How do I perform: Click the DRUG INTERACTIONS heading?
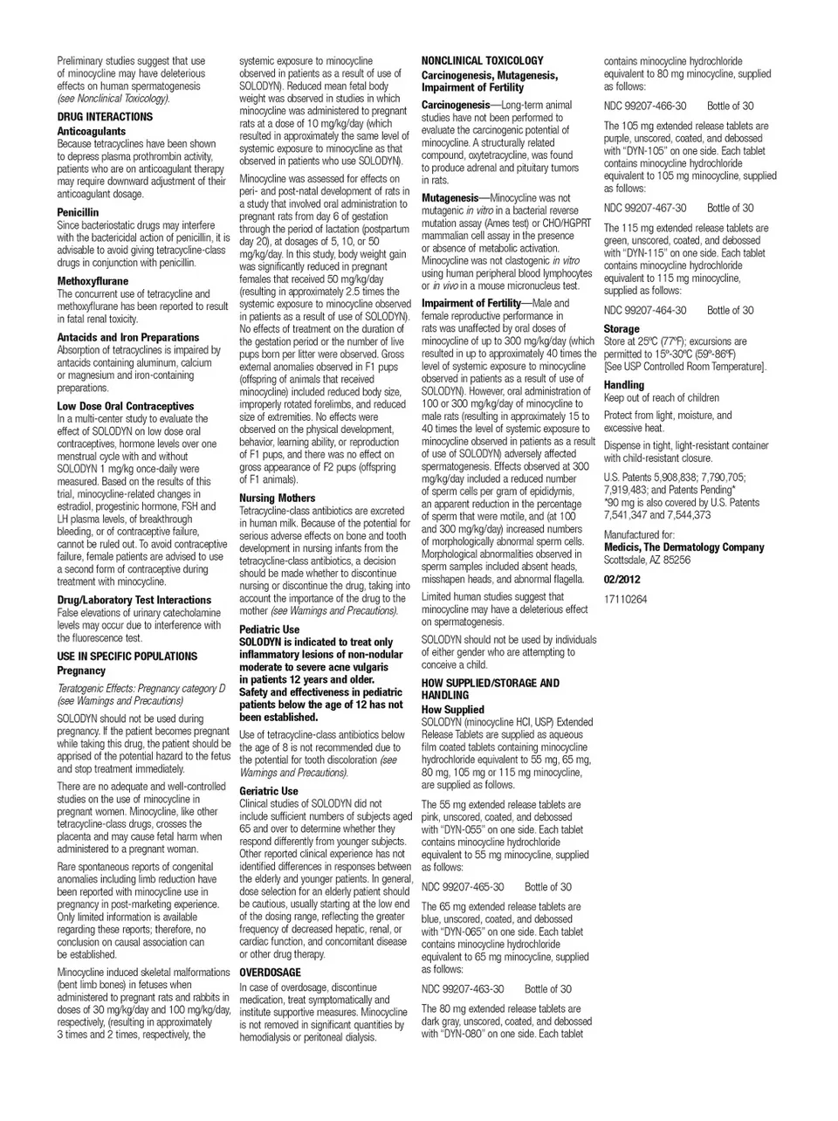[105, 116]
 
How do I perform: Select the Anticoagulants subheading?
[92, 131]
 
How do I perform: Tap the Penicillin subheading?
[78, 212]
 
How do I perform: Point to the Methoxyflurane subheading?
[93, 281]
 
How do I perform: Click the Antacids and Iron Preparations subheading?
[128, 337]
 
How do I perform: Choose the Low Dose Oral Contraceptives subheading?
[126, 406]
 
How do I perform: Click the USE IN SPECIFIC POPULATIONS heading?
[127, 656]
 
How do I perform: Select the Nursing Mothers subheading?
[278, 498]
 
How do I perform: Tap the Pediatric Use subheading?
[269, 629]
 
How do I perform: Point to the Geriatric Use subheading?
[269, 791]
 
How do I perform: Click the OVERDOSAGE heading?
[270, 972]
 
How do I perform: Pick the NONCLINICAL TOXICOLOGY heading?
[482, 60]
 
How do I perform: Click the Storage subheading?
[622, 329]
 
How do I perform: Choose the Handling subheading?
[624, 385]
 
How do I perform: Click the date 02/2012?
[622, 579]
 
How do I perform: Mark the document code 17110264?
[626, 599]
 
